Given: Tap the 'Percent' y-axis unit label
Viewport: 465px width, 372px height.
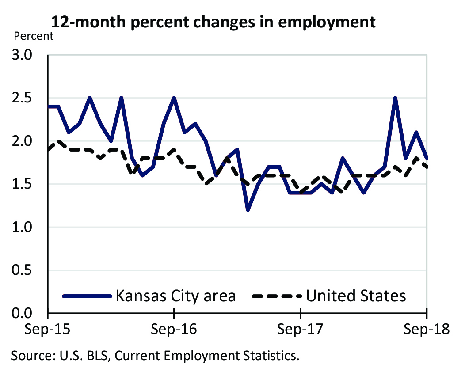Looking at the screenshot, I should point(34,36).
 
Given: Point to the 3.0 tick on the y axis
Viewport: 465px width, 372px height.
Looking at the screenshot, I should point(29,56).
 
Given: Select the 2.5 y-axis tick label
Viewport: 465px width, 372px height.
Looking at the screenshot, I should point(29,99).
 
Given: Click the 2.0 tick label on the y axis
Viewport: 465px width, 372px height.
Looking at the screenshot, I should point(29,141).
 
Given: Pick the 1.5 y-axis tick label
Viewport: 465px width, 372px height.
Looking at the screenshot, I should point(29,184).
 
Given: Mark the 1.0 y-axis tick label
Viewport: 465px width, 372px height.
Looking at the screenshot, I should point(29,227).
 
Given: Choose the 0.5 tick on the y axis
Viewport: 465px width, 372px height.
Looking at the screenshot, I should point(29,270).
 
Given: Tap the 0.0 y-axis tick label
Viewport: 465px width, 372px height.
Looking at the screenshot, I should point(29,313).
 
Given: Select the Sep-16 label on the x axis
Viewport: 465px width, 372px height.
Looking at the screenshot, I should point(174,330).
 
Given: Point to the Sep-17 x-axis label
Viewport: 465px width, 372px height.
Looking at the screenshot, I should point(301,330).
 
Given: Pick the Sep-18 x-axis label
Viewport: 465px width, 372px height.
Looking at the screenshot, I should point(427,330).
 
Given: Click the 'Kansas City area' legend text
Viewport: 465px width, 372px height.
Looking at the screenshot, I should point(175,296).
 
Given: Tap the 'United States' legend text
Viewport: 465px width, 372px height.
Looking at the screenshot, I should point(356,296).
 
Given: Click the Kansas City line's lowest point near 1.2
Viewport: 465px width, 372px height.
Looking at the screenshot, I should point(248,209).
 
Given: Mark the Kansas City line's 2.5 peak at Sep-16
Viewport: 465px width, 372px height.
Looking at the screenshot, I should point(174,98).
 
